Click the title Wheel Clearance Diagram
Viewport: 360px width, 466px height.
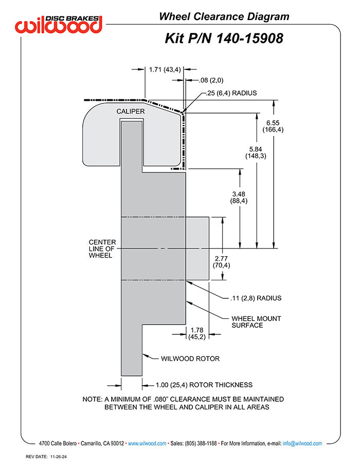coord(224,16)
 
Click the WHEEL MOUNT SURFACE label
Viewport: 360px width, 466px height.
coord(256,321)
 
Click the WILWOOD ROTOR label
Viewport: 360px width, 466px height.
coord(190,358)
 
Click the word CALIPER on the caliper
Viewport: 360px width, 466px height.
coord(130,111)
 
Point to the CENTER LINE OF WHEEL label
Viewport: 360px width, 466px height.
coord(102,248)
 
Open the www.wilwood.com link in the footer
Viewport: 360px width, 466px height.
coord(147,443)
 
